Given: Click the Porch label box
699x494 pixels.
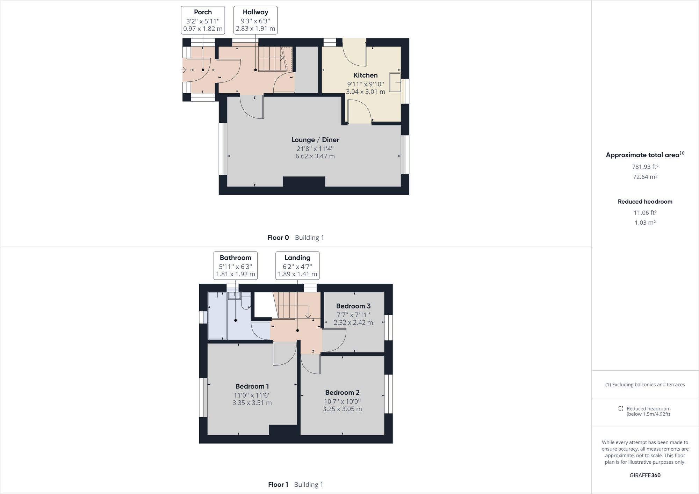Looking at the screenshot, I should pyautogui.click(x=203, y=20).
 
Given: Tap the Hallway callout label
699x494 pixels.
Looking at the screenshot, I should pyautogui.click(x=255, y=20).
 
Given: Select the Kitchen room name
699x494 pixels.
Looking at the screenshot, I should pyautogui.click(x=365, y=75).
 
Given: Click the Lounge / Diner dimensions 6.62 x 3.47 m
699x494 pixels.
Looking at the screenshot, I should pyautogui.click(x=315, y=156).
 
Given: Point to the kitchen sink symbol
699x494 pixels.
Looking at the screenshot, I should pyautogui.click(x=396, y=82).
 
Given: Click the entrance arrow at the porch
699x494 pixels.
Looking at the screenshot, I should pyautogui.click(x=184, y=70).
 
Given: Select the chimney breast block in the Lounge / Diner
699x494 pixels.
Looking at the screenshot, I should pyautogui.click(x=304, y=182).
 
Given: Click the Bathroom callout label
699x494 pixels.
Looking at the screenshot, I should pyautogui.click(x=235, y=266).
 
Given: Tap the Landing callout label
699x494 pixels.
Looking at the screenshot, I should pyautogui.click(x=297, y=266).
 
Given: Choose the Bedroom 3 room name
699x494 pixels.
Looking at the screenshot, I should pyautogui.click(x=353, y=306).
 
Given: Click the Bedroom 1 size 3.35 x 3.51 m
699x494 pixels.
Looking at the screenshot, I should pyautogui.click(x=252, y=403).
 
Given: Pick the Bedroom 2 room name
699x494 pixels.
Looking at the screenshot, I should pyautogui.click(x=342, y=392).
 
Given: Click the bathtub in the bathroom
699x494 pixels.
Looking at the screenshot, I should pyautogui.click(x=217, y=316).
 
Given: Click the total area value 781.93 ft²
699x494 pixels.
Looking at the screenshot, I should pyautogui.click(x=645, y=167).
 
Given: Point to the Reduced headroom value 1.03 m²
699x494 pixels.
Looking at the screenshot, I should pyautogui.click(x=645, y=223).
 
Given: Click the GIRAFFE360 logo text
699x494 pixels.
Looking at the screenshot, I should pyautogui.click(x=645, y=475).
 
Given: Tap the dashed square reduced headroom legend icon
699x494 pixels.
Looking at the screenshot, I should pyautogui.click(x=620, y=408).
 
